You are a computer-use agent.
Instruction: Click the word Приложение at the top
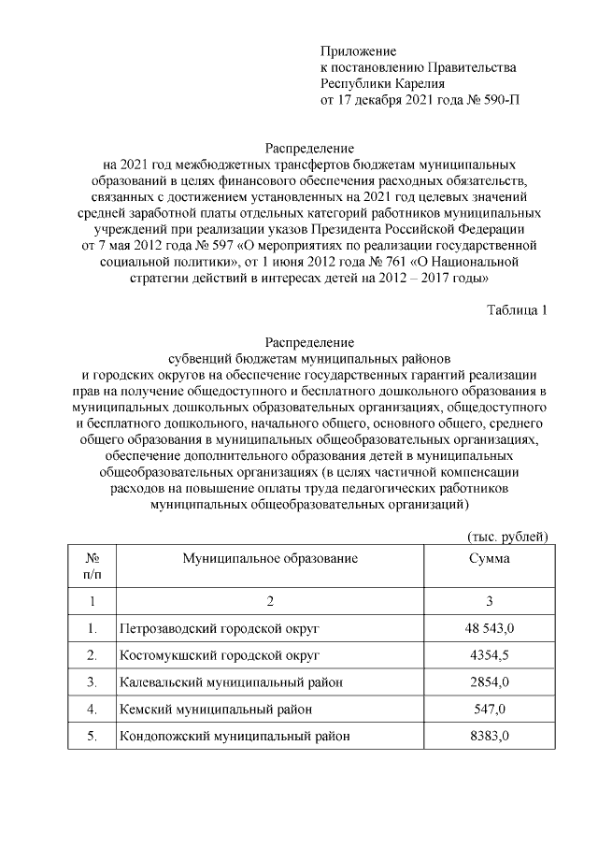(x=358, y=50)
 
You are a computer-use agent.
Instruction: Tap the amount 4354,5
(x=489, y=654)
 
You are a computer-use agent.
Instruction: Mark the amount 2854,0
(x=489, y=682)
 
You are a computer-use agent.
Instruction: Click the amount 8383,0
(x=489, y=737)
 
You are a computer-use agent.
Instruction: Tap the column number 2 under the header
(x=270, y=600)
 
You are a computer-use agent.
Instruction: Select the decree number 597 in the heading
(x=222, y=246)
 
